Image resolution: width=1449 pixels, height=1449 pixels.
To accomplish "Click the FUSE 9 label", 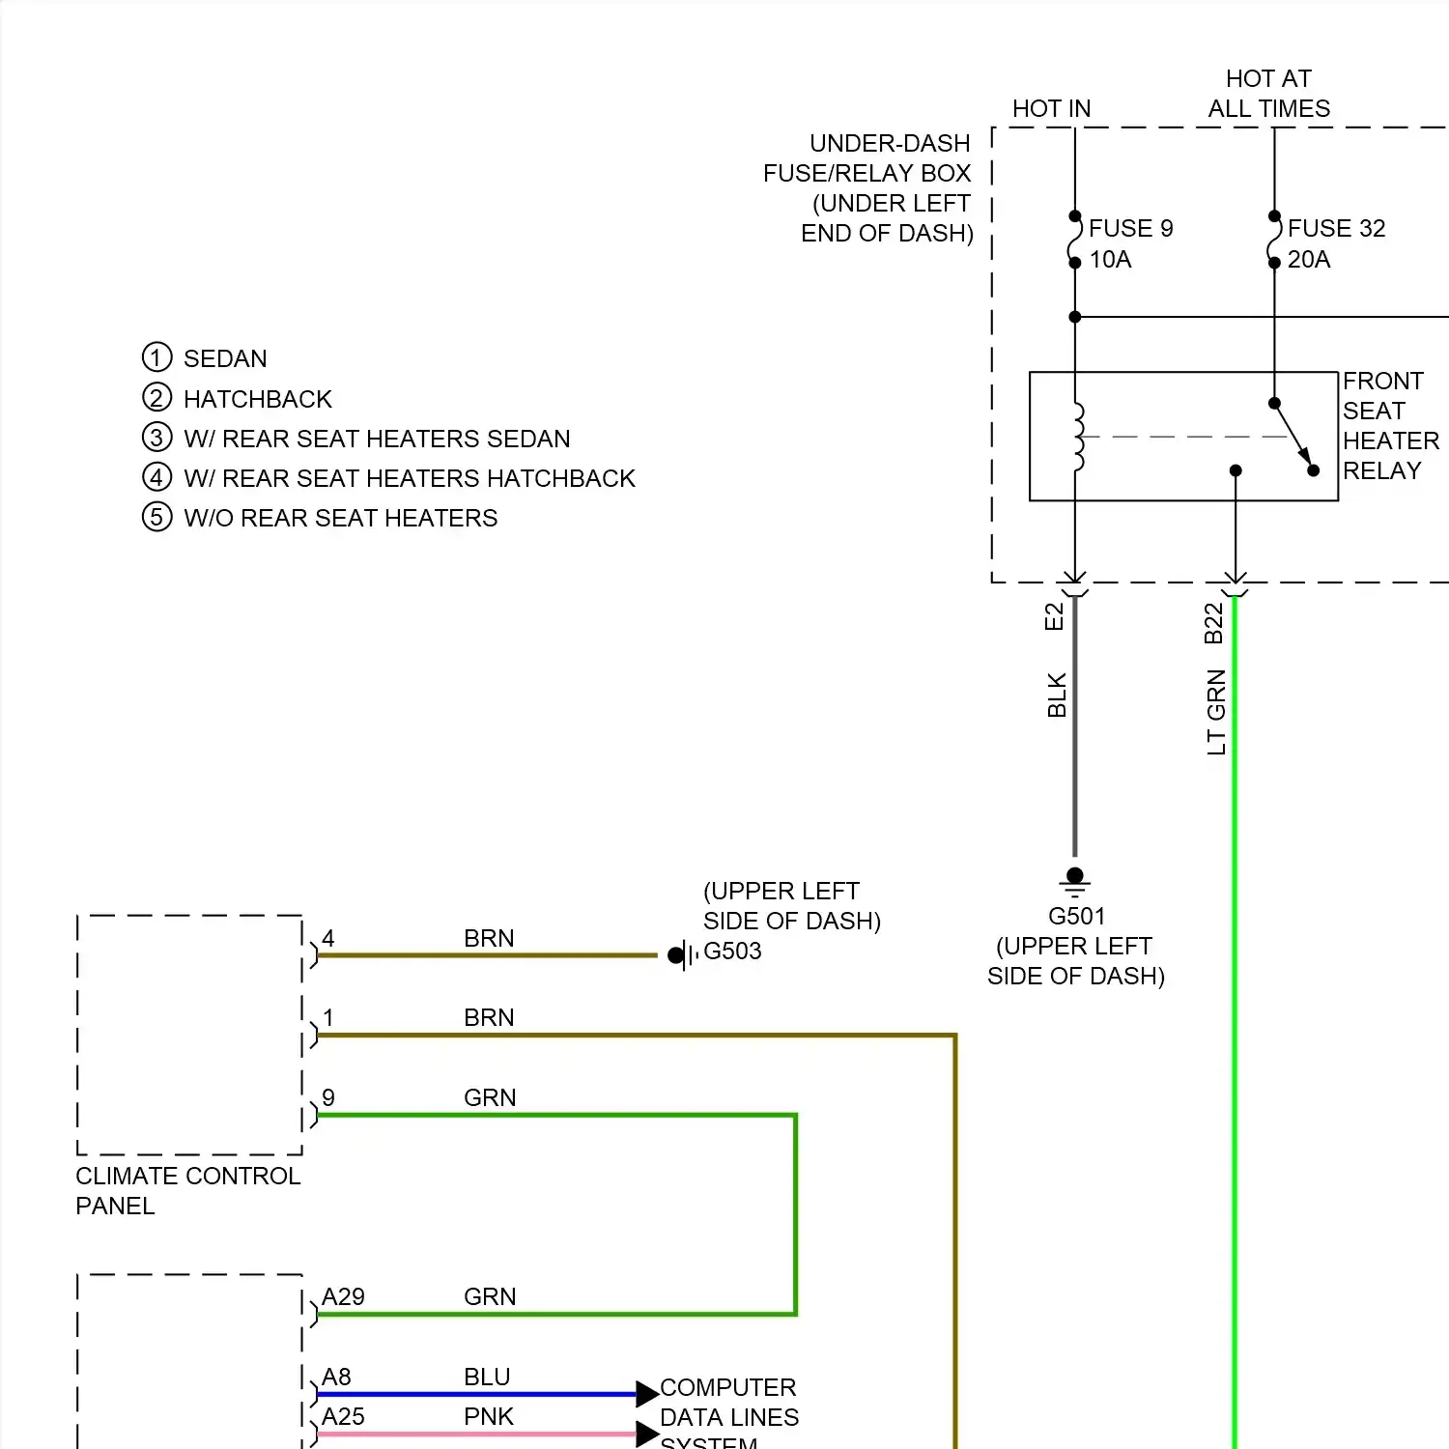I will (x=1130, y=229).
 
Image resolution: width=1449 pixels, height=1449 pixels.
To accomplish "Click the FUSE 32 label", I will (x=1336, y=229).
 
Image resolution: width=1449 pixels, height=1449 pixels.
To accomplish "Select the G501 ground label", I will (x=1076, y=916).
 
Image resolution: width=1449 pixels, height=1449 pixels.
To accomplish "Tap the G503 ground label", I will (x=732, y=952).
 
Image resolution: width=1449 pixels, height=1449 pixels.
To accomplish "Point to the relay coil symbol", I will (x=1078, y=437).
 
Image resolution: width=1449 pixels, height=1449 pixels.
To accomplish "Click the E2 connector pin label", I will (x=1054, y=616).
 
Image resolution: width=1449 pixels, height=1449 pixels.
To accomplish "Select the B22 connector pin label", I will (x=1214, y=623).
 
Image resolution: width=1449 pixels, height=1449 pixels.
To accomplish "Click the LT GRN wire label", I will (x=1216, y=712).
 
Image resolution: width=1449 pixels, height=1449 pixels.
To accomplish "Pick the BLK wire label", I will (x=1057, y=696).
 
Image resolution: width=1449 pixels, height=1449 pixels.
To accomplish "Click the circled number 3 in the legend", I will (x=156, y=438).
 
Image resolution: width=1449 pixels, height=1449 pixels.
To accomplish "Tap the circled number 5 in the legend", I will (x=156, y=517).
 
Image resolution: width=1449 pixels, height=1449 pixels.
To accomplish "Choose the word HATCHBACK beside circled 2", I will (x=257, y=399).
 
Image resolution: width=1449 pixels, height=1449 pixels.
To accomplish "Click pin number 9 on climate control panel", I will (x=328, y=1098).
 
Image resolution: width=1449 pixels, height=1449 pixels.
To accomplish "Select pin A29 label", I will (x=343, y=1297).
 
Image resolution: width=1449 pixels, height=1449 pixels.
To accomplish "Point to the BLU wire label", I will (x=487, y=1378).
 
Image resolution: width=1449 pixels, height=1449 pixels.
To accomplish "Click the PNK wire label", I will (x=489, y=1417).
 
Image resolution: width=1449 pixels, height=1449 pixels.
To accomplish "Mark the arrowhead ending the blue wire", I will (x=646, y=1394).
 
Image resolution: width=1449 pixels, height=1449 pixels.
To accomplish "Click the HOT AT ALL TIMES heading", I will (x=1268, y=94).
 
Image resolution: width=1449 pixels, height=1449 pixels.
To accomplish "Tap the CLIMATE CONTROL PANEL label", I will (x=187, y=1190).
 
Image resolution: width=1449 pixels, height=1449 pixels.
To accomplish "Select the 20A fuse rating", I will (x=1309, y=260).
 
